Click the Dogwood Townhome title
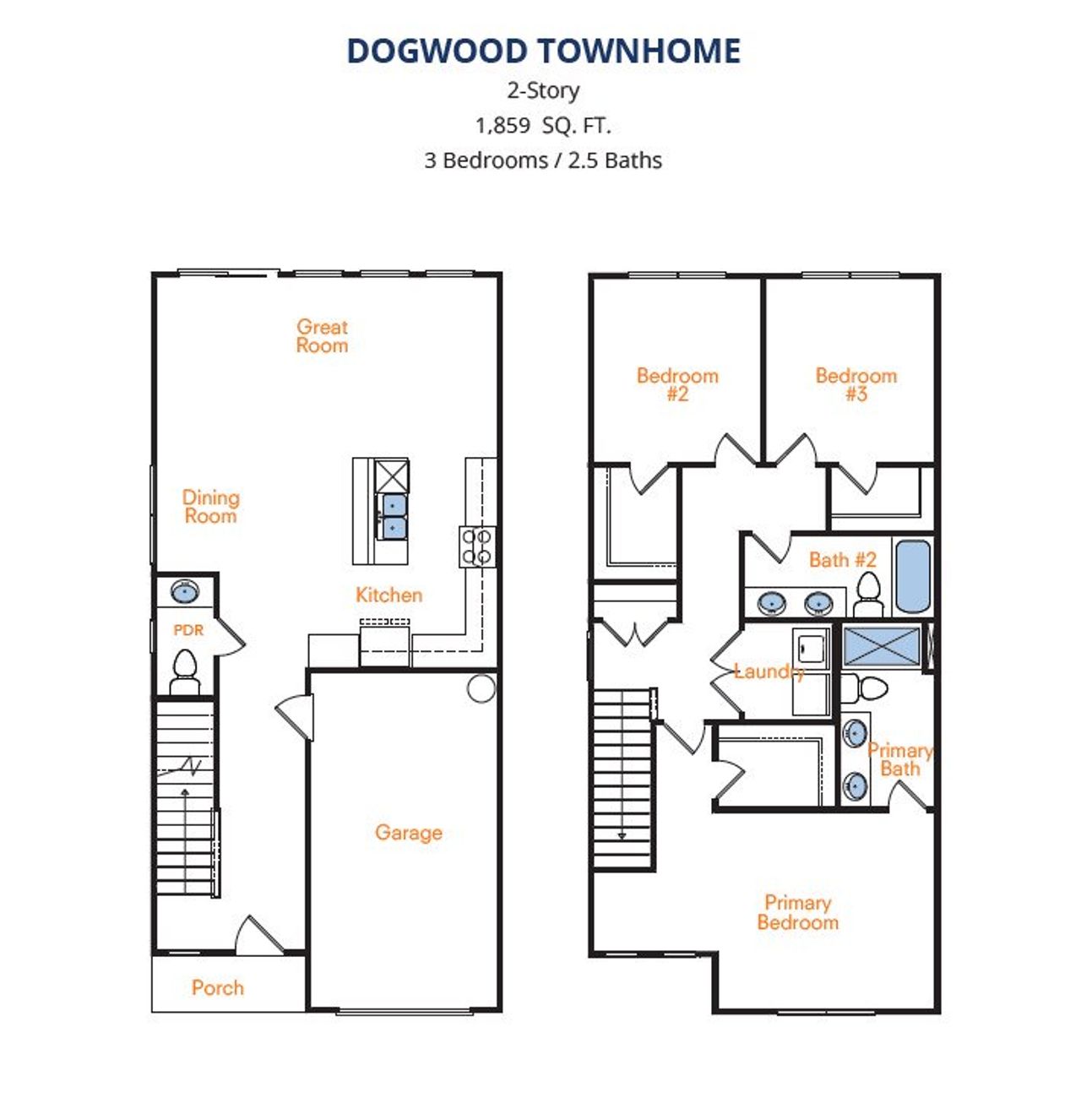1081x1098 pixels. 543,51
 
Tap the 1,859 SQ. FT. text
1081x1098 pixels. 543,125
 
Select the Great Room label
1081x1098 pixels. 322,336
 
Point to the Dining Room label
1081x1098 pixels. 211,507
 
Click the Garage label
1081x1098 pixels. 409,833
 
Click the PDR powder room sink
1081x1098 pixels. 185,591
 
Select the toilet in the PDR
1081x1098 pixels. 185,672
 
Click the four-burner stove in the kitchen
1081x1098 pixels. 477,546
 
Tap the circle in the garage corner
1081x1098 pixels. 481,689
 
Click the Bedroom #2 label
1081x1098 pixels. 677,384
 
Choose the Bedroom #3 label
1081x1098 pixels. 856,384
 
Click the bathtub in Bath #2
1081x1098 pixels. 913,577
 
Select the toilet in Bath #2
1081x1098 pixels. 868,595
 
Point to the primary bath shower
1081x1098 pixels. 881,645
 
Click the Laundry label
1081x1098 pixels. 769,671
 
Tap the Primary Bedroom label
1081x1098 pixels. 798,912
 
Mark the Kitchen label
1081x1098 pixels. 389,595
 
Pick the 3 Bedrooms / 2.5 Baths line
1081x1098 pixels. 543,160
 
